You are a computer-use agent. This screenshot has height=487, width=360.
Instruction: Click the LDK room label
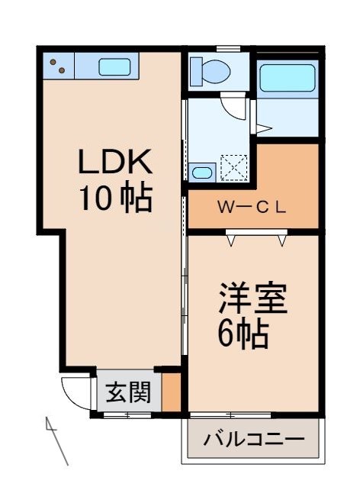pos(117,163)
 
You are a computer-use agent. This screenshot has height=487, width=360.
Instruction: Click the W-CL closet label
pos(251,207)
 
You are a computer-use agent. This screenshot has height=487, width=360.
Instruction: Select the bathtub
pos(287,78)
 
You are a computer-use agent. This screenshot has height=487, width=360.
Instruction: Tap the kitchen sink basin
pos(114,66)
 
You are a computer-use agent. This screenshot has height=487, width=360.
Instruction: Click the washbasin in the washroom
pos(202,173)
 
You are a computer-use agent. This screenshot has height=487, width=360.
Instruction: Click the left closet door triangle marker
pos(230,241)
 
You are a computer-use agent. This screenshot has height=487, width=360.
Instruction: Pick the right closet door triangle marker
pos(284,241)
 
